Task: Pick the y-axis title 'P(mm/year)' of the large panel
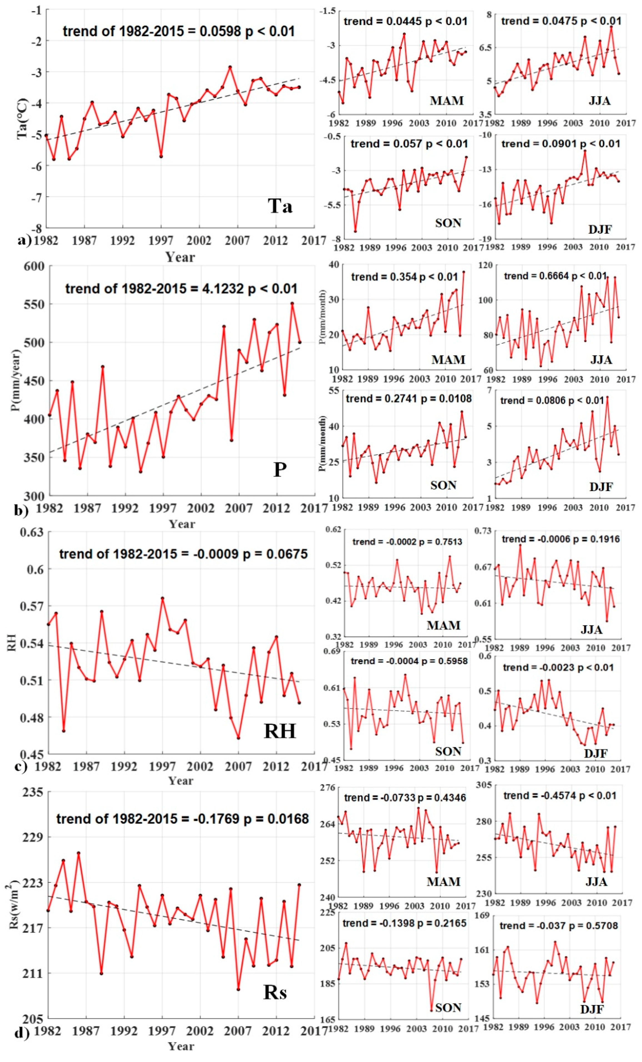(x=16, y=380)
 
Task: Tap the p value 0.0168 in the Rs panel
(x=287, y=819)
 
